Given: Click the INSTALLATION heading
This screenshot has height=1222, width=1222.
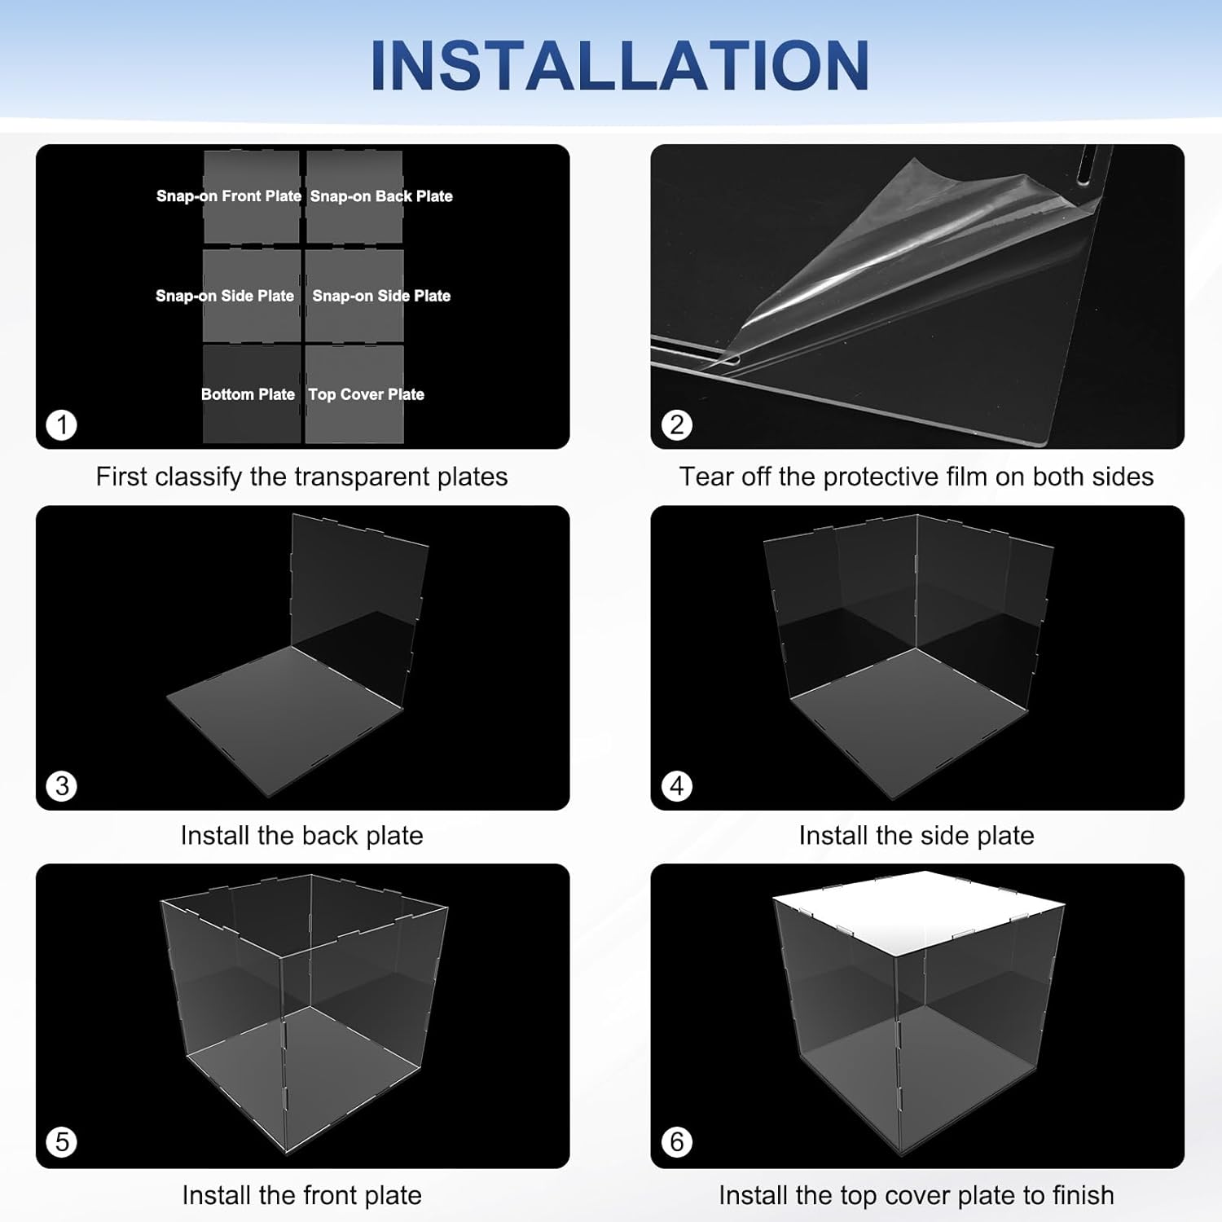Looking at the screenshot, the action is pos(620,65).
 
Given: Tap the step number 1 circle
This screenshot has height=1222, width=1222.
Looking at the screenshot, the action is pos(62,424).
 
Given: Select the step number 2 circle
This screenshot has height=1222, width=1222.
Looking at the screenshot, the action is pos(677,424).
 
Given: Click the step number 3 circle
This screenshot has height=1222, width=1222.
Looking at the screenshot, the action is pos(62,786).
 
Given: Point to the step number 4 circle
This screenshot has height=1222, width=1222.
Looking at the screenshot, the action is pos(677,786).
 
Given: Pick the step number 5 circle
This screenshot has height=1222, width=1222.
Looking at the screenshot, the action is pos(62,1141).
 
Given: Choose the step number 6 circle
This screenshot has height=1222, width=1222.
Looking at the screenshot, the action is pos(677,1141).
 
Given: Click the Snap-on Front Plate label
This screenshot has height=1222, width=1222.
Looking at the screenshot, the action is pos(229,196).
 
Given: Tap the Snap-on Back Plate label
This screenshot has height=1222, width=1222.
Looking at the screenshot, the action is pos(381,196).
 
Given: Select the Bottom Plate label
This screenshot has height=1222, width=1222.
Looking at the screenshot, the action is pos(248,394).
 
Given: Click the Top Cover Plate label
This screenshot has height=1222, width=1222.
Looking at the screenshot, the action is pos(366,394).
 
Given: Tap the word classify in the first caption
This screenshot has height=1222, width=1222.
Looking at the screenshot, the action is pos(199,477).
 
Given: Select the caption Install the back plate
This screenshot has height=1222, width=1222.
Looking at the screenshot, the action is pos(301,835).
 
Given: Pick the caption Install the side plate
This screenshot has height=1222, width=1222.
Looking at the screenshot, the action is pos(916,835).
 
